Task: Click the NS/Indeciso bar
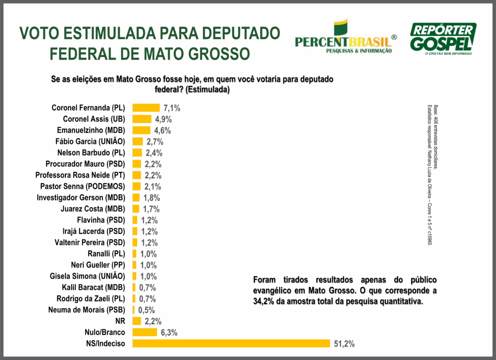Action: coord(231,344)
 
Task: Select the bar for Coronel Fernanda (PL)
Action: coord(146,108)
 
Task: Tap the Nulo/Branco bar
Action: coord(145,332)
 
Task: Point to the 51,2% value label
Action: coord(344,344)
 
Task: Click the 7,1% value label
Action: coord(171,108)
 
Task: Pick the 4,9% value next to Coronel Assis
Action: coord(163,119)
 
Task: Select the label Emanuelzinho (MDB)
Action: coord(94,130)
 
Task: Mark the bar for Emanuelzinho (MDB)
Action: coord(141,130)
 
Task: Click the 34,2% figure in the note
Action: coord(264,301)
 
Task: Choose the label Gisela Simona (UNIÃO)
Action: coord(87,276)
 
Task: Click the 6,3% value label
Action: coord(169,332)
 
